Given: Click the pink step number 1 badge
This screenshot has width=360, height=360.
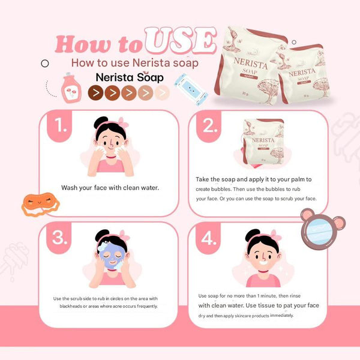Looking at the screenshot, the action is [x=59, y=126].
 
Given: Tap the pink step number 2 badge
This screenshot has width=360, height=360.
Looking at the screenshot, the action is [x=209, y=126].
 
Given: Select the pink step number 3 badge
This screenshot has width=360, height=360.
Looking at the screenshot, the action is [x=59, y=238].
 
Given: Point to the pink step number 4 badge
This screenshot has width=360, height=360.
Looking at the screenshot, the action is [x=208, y=238].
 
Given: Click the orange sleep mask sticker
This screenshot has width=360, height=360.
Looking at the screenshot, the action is [x=40, y=205].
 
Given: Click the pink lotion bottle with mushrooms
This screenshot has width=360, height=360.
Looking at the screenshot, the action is [x=71, y=88].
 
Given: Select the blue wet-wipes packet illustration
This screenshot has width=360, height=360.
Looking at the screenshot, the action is [x=191, y=89].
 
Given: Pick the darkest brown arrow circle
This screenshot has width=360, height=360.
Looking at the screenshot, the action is [x=95, y=93].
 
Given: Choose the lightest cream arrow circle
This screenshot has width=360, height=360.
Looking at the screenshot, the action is [x=162, y=93].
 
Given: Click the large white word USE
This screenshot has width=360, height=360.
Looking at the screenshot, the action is [x=181, y=41].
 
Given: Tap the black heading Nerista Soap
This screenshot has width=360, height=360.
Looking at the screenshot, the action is [x=130, y=77].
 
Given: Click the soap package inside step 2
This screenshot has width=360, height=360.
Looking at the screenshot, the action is [x=263, y=142].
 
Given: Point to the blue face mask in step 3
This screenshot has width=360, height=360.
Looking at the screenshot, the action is [x=112, y=256].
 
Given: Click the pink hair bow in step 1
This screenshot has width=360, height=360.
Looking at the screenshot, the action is [x=123, y=122].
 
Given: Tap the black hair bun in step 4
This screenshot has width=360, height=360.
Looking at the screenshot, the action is [x=252, y=235].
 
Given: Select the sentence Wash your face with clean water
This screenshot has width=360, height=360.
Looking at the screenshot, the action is [x=110, y=188].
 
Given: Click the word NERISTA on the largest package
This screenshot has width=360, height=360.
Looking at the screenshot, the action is [x=251, y=63].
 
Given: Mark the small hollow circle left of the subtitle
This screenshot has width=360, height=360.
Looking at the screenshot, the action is [x=45, y=64].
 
